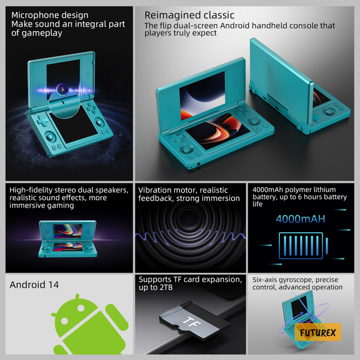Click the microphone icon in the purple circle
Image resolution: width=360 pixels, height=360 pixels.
point(62,89)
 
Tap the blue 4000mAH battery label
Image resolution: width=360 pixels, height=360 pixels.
point(301,219)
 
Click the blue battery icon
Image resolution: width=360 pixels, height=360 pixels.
point(303,245)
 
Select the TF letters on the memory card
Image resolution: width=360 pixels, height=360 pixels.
point(192,323)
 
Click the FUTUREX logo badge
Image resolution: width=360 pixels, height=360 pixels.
point(318,332)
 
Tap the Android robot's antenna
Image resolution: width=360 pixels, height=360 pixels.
point(77,296)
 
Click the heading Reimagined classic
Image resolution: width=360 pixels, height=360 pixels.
point(190,15)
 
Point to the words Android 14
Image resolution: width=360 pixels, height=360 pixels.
point(34,284)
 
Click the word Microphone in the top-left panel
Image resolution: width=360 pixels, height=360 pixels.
point(33,15)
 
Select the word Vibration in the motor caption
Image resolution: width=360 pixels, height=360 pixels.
point(155,190)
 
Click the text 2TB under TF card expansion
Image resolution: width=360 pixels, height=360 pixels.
point(166,287)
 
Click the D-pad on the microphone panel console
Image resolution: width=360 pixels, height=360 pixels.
point(43,121)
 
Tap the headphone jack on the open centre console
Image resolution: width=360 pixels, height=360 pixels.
point(199,164)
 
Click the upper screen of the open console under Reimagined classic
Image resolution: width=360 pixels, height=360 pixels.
point(202,96)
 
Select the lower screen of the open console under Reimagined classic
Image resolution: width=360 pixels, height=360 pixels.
point(218,131)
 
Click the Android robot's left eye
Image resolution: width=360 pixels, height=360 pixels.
point(65,320)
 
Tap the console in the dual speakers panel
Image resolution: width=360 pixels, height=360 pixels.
point(68,239)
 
